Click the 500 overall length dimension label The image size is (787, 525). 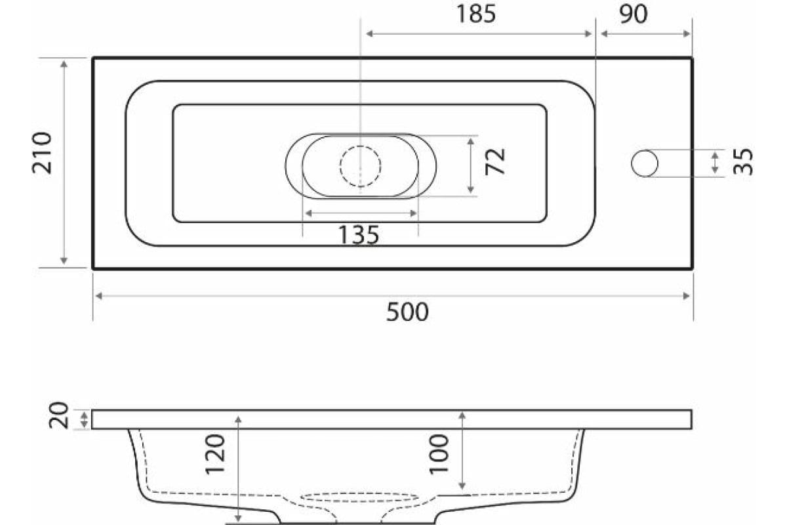point(407,312)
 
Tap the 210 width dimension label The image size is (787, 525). point(42,153)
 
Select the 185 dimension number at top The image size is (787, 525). point(476,14)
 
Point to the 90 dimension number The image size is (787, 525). point(633,14)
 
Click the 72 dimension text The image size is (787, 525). point(495,161)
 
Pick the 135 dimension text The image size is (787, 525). point(359,234)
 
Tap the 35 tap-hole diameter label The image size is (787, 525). point(743,162)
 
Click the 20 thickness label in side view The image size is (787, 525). point(58,415)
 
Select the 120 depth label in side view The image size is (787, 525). point(215,455)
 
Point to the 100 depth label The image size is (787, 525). point(439,454)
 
